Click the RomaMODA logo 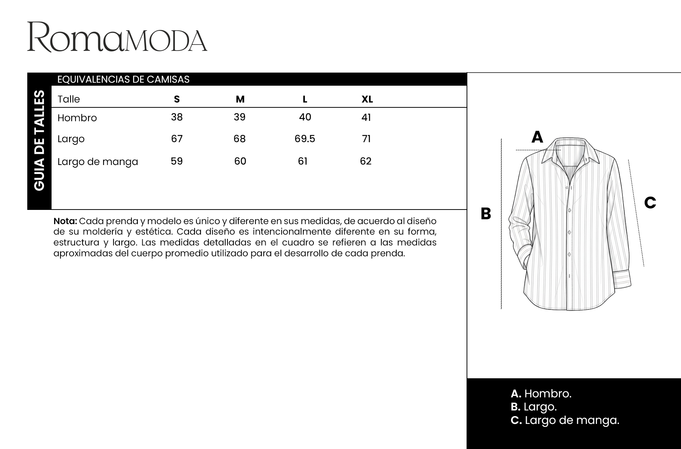(x=117, y=37)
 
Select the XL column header (x=367, y=99)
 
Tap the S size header (x=177, y=99)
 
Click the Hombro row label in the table (x=77, y=118)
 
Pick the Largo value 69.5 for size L (x=305, y=139)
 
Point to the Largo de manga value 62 (x=366, y=161)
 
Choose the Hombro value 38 (x=177, y=117)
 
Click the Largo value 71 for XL (x=366, y=139)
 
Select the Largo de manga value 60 (x=240, y=161)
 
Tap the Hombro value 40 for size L (x=305, y=117)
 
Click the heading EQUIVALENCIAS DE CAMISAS (x=123, y=79)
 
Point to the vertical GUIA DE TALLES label (x=39, y=140)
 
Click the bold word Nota (x=65, y=221)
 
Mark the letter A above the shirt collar (x=537, y=137)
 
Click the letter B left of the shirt (x=486, y=214)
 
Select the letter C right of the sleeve (x=650, y=203)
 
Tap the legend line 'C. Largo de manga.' (x=565, y=420)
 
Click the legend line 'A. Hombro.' (x=541, y=394)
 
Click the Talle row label (x=69, y=99)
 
